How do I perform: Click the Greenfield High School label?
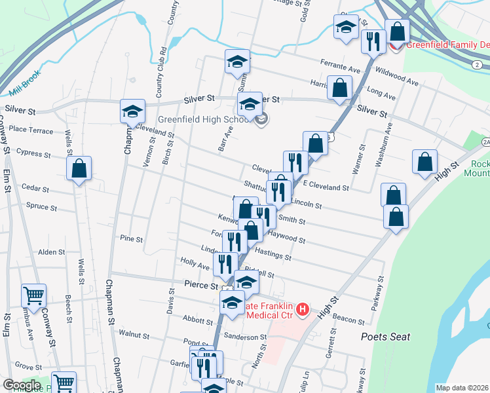point(202,120)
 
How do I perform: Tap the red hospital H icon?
point(302,308)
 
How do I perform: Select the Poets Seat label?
point(385,337)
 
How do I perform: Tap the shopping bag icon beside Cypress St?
point(79,168)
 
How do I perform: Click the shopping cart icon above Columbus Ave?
point(33,295)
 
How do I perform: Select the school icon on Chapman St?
point(132,111)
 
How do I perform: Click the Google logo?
point(22,385)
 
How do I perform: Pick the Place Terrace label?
point(31,131)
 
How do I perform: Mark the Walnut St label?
point(135,334)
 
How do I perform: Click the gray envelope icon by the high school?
point(261,120)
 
